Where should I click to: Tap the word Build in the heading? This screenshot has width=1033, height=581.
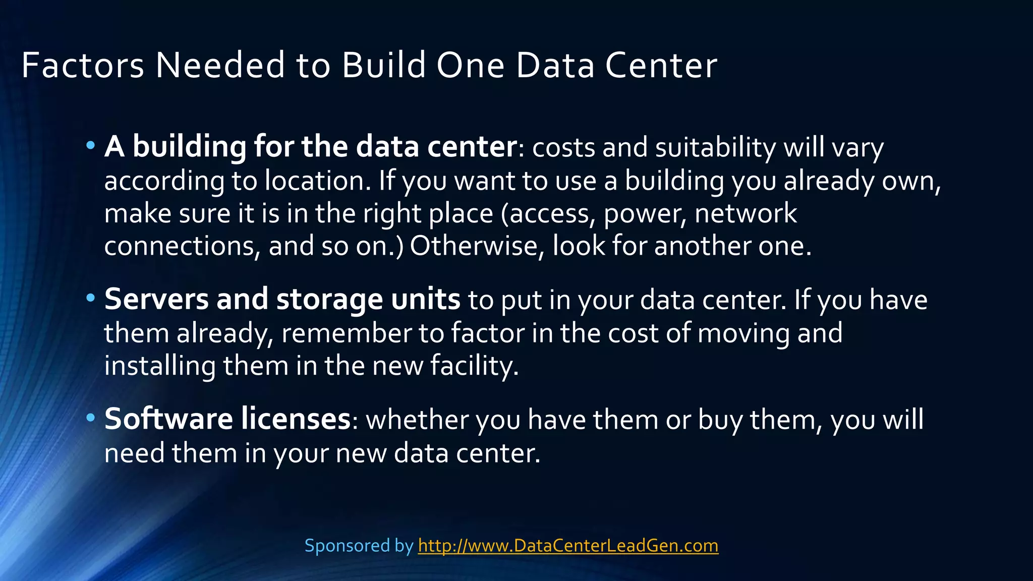384,66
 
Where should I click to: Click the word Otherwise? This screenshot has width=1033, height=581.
477,246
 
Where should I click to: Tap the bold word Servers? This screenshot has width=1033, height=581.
156,299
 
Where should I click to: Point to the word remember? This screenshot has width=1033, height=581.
346,333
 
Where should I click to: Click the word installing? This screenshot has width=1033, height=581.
160,366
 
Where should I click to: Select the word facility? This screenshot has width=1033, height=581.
474,366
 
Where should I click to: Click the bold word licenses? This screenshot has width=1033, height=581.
296,419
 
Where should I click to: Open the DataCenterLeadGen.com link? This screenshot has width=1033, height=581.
568,546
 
